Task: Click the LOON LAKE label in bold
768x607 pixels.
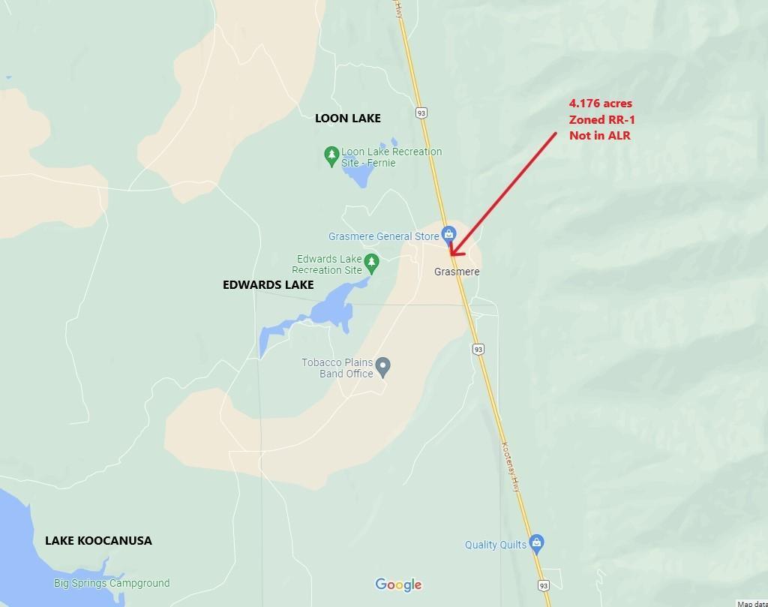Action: pos(347,118)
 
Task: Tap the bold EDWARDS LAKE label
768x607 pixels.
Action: pos(268,285)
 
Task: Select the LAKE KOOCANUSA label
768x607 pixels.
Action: pos(98,540)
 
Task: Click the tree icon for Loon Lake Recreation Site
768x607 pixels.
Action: pos(331,156)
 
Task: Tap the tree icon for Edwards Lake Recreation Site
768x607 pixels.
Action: pos(371,263)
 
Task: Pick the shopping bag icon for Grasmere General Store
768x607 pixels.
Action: pos(448,234)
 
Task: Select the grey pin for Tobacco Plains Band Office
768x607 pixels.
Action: pos(383,368)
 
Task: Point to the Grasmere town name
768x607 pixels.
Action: pos(457,272)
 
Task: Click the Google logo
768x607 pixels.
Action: pos(398,585)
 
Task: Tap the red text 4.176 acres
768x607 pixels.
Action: pos(600,104)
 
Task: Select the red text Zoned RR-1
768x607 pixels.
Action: pos(602,119)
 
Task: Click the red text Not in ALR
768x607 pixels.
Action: pos(599,135)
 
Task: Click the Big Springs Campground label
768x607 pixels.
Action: pos(112,583)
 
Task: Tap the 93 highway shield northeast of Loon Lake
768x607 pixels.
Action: pos(421,113)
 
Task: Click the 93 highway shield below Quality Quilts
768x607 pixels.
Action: pos(544,584)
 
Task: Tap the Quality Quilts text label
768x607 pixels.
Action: pos(496,545)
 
